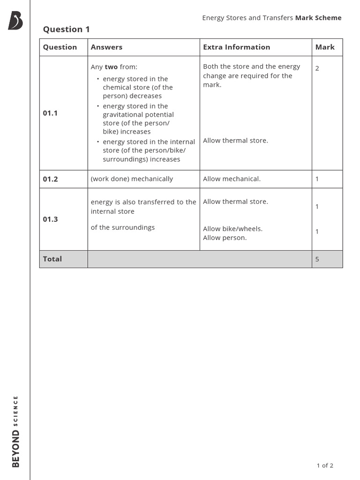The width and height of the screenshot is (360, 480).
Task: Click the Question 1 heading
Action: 66,30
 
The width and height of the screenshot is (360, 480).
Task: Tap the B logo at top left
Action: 15,21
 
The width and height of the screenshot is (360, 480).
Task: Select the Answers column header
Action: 106,47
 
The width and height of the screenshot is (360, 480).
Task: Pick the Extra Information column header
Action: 236,47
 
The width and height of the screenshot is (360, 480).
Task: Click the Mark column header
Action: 325,47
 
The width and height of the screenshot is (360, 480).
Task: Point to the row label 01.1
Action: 50,113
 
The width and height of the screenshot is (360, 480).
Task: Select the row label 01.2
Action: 50,179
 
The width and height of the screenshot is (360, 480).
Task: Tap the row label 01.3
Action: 50,219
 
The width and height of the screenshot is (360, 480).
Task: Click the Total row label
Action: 52,259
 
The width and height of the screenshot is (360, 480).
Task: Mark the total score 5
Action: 317,259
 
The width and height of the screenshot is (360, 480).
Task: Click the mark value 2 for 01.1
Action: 317,68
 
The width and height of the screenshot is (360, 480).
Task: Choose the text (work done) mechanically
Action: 132,179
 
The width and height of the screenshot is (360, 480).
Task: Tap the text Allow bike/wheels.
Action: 232,229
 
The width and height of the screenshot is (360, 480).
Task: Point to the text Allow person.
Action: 225,238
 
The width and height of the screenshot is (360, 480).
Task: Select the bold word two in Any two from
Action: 111,67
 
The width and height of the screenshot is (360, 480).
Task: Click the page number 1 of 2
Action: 325,465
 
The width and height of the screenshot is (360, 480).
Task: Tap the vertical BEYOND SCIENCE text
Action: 15,431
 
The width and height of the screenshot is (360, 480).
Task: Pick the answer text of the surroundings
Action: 122,228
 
